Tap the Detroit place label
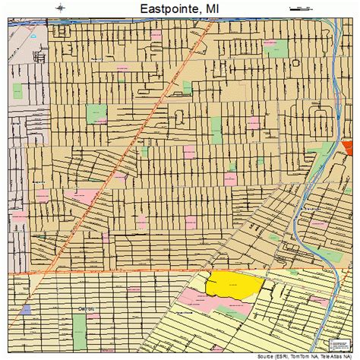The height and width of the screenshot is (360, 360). point(88,308)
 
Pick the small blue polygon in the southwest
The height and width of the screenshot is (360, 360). point(27,309)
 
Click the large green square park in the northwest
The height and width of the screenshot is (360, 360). point(96,113)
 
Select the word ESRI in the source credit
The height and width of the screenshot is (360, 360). point(279,355)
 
